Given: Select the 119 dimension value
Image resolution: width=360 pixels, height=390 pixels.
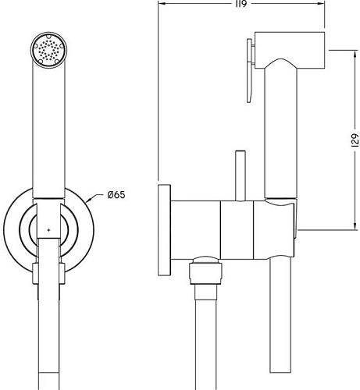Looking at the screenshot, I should click(241, 5).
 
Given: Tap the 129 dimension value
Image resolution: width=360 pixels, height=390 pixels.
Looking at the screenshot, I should click(353, 140).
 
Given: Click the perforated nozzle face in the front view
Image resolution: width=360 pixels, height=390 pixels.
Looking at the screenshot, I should click(49, 53).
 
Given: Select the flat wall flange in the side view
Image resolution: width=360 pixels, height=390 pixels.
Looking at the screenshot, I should click(164, 230).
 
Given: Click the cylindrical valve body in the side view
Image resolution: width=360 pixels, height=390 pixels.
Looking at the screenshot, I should click(234, 230).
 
